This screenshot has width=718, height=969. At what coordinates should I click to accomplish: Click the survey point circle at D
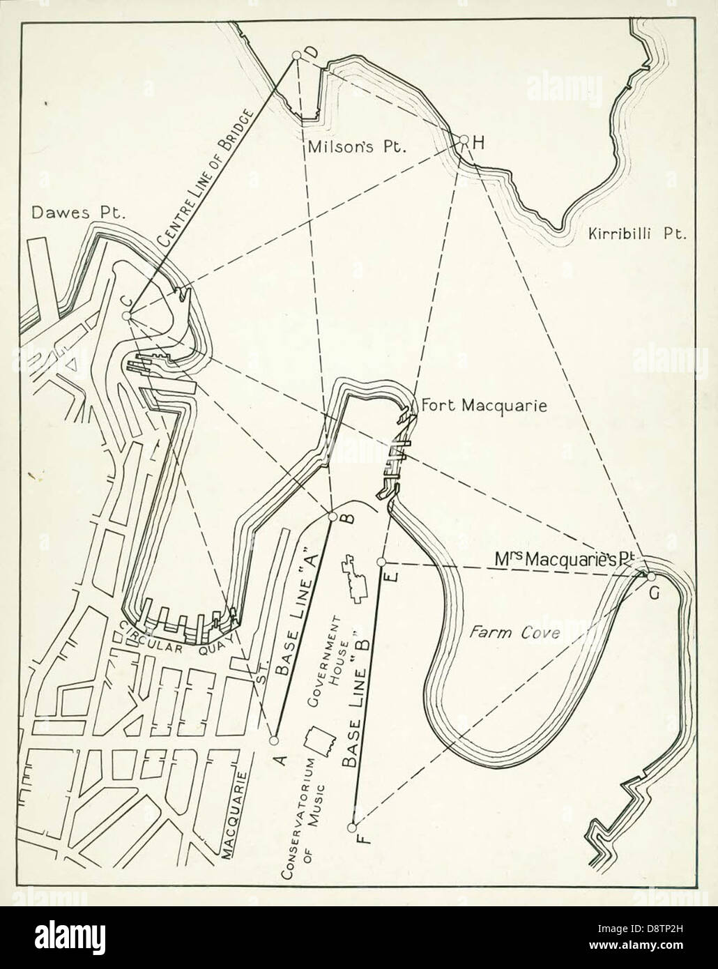[296, 55]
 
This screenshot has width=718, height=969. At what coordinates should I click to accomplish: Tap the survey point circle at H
[464, 139]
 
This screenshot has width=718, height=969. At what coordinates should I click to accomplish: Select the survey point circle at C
[126, 316]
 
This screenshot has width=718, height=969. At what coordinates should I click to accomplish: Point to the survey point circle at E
[381, 562]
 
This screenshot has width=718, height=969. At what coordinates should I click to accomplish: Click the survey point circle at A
[274, 740]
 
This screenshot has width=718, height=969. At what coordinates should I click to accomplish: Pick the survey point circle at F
[352, 827]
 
